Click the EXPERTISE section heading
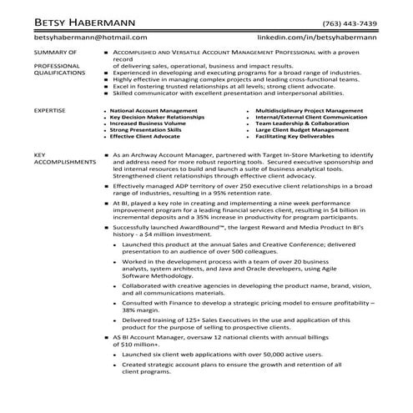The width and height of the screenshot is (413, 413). tap(52, 110)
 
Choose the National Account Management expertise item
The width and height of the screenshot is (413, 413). tap(149, 110)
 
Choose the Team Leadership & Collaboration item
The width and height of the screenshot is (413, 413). tap(300, 123)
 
